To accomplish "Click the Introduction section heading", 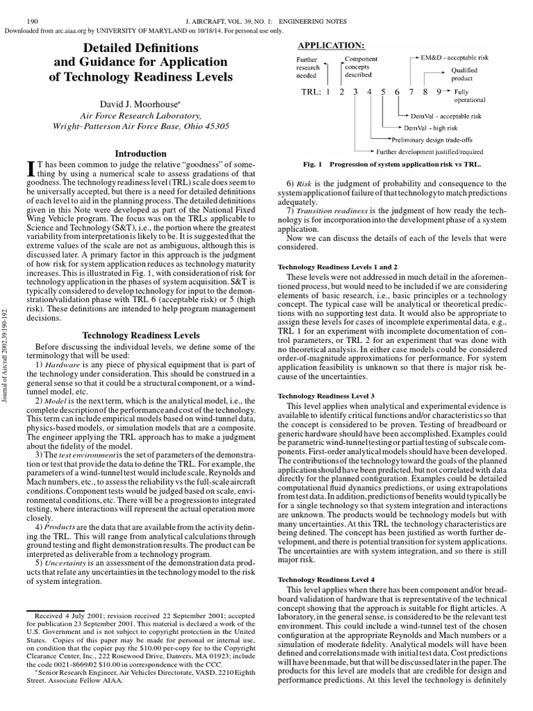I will point(140,153).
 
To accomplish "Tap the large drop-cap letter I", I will point(29,168).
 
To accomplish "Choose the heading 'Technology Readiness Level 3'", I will point(325,395).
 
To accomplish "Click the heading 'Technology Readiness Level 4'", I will point(325,578).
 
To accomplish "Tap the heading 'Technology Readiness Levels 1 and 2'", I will point(337,267).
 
